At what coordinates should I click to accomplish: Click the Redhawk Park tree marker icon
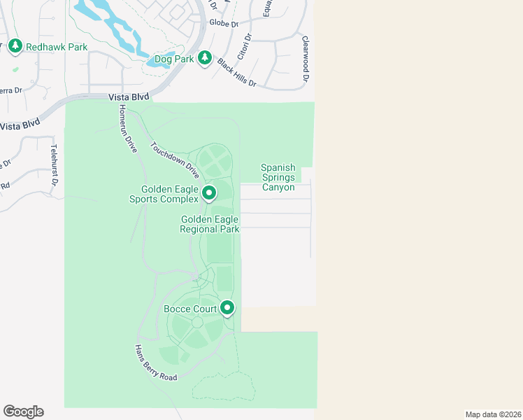(15, 46)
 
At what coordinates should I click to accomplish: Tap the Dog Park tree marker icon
(205, 59)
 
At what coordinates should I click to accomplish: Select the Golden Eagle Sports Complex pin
(208, 192)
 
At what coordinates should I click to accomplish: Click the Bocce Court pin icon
(227, 308)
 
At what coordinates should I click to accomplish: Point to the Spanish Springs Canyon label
(278, 177)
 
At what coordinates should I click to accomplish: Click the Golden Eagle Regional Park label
(210, 224)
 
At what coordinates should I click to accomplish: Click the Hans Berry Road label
(156, 363)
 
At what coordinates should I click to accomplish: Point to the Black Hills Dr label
(236, 73)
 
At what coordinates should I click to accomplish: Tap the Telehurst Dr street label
(53, 165)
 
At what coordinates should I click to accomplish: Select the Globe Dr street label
(224, 22)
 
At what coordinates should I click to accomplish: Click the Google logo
(23, 412)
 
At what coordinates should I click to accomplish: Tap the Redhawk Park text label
(57, 47)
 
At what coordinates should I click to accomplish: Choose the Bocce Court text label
(190, 309)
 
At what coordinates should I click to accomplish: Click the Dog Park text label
(175, 59)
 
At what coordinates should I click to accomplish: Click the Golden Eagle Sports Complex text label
(170, 194)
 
